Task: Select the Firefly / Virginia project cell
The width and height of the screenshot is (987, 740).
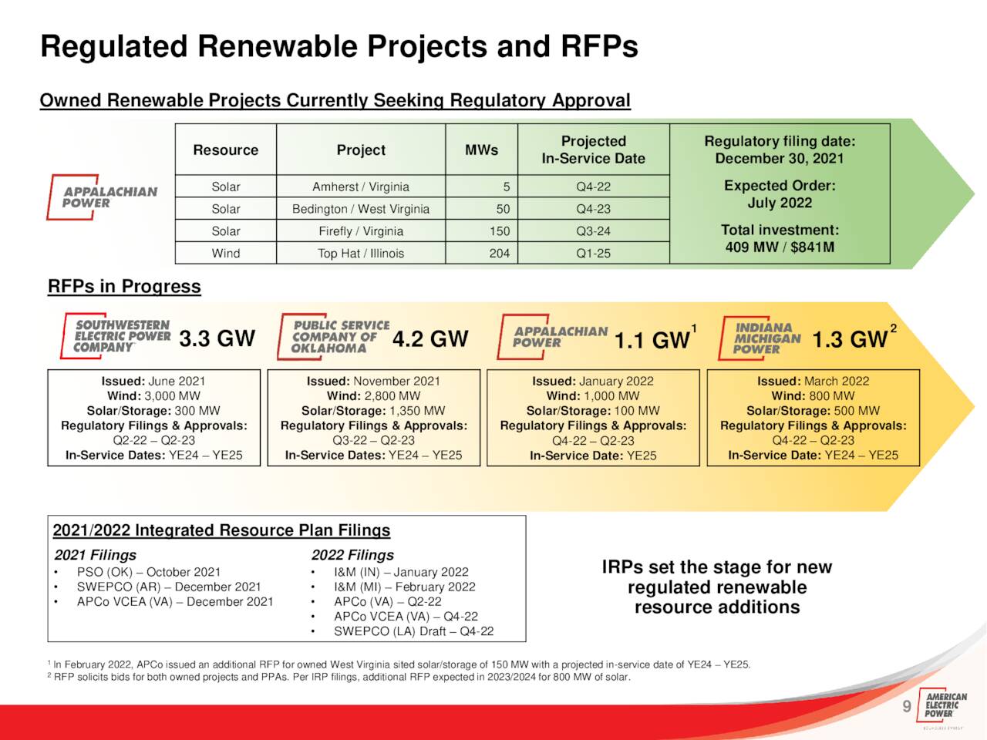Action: [x=361, y=231]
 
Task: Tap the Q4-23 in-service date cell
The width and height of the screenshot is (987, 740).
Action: [x=593, y=209]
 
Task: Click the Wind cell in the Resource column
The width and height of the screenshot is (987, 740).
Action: [x=226, y=254]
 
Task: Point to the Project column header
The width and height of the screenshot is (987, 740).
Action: [x=361, y=150]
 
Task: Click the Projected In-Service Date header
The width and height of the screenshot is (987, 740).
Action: [x=593, y=150]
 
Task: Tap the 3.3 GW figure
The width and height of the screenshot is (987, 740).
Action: [x=217, y=338]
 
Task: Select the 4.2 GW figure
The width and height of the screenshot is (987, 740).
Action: [x=430, y=338]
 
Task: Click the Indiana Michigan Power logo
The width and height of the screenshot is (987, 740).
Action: [x=760, y=338]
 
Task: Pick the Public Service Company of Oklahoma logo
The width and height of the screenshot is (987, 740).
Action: [x=333, y=337]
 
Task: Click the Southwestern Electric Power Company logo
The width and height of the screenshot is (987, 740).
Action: [x=116, y=335]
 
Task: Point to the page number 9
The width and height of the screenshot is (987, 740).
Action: [x=907, y=706]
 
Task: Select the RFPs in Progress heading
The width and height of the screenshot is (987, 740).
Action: [x=124, y=286]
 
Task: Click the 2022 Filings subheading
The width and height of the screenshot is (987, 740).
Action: [x=352, y=555]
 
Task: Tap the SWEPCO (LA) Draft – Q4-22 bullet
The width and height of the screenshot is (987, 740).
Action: [x=413, y=631]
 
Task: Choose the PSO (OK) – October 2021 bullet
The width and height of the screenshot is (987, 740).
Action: [x=149, y=572]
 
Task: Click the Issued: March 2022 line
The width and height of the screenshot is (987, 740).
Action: [x=813, y=381]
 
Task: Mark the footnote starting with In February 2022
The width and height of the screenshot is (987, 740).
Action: [x=399, y=664]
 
